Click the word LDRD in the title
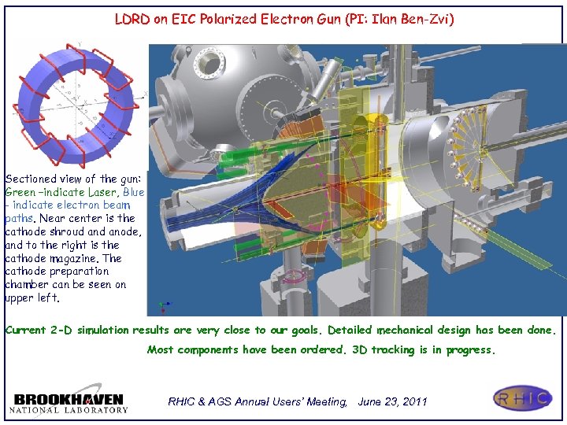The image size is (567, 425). click(x=132, y=19)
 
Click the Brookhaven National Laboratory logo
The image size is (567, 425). click(x=69, y=401)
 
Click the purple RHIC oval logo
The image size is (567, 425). click(x=523, y=398)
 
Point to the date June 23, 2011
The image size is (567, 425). click(x=392, y=401)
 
